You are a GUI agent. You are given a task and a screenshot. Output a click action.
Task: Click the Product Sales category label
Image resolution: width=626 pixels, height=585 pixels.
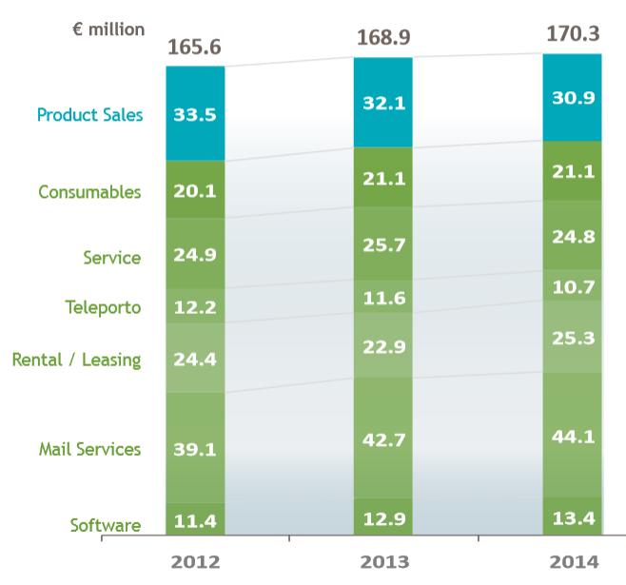point(89,115)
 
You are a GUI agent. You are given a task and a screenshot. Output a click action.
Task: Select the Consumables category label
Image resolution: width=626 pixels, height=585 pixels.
point(89,192)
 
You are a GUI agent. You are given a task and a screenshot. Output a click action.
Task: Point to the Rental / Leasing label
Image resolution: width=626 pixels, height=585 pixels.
point(76,360)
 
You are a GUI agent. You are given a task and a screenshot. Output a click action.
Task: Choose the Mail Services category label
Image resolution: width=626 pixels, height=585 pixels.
point(89,449)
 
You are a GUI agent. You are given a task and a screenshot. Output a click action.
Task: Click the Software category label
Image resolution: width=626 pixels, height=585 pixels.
point(105,525)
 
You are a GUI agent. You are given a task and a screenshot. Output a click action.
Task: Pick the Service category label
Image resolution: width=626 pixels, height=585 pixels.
point(111,258)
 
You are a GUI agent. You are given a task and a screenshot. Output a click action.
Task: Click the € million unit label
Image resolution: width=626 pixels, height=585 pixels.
point(108,29)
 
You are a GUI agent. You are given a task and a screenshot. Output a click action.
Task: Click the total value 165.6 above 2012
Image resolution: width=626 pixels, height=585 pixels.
point(195,48)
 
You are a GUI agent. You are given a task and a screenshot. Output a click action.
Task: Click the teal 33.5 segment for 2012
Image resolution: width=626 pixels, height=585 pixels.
point(195,114)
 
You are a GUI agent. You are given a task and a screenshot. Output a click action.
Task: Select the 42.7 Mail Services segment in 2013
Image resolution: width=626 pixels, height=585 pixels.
point(383,439)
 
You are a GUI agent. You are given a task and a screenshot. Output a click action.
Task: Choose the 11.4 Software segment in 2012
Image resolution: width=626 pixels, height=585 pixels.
point(195,519)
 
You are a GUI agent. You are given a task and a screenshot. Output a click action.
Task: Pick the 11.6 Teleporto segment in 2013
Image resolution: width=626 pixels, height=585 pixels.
point(383,299)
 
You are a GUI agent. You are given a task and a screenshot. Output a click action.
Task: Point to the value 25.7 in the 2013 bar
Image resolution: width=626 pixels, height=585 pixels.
point(383,244)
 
